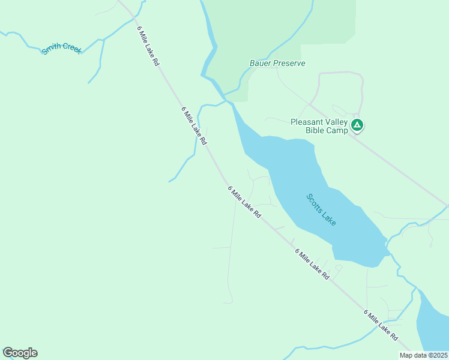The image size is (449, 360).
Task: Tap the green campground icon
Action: [x=357, y=125]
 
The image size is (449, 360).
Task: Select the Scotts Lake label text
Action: [x=321, y=209]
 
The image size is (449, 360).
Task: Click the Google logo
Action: [x=20, y=353]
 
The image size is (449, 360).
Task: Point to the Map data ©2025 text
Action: [x=423, y=355]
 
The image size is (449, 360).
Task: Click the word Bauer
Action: [x=261, y=63]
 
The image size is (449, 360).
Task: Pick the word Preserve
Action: [x=289, y=63]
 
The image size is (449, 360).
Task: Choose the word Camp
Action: [x=338, y=131]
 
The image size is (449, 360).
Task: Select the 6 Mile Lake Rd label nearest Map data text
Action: [x=381, y=326]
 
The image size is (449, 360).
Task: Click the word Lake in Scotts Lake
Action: [x=329, y=217]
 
